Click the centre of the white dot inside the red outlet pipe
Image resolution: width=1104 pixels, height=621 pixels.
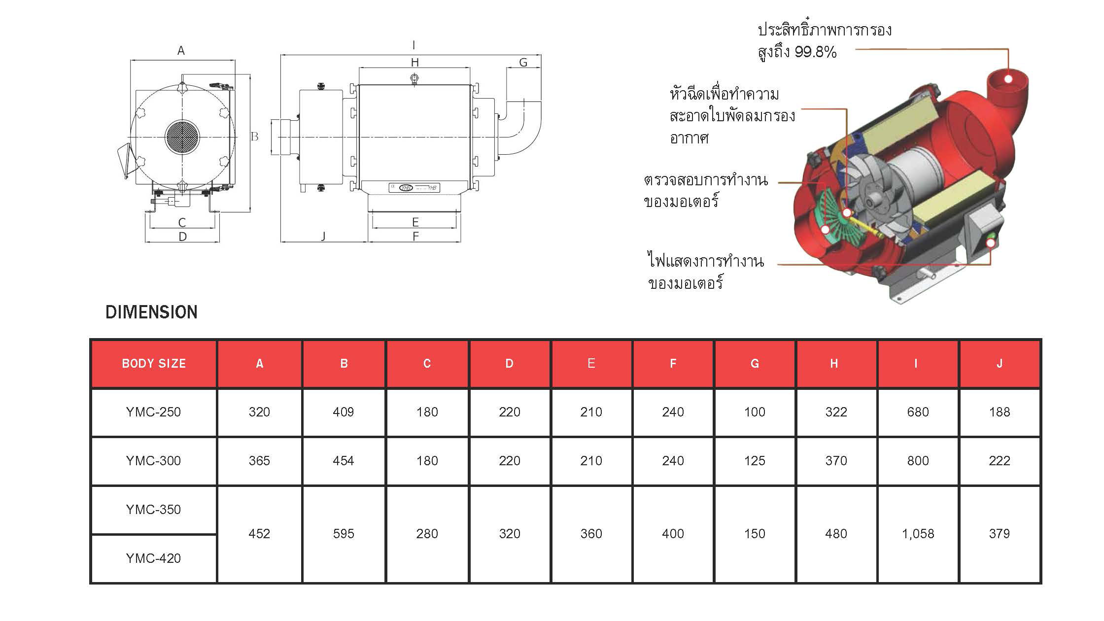[x=1008, y=79]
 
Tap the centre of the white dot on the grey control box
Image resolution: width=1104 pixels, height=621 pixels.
[x=990, y=243]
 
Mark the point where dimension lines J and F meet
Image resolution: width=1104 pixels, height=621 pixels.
[x=368, y=241]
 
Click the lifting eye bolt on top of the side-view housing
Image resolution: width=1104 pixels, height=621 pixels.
[x=414, y=79]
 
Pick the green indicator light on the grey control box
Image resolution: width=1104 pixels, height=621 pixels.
[x=991, y=243]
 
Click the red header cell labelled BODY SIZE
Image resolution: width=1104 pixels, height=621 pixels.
[x=153, y=363]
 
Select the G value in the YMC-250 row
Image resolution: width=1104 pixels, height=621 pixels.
[x=755, y=412]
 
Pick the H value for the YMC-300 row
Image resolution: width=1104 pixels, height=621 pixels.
[x=836, y=461]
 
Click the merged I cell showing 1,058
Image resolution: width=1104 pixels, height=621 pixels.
[x=918, y=534]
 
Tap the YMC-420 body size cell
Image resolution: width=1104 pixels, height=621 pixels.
[x=153, y=558]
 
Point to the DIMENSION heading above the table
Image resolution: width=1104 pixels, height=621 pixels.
[x=151, y=312]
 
